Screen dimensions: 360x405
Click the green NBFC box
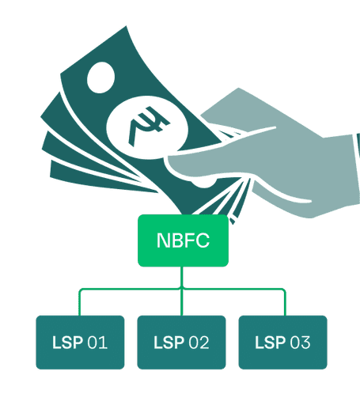pos(183,240)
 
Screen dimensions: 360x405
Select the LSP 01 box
pos(80,343)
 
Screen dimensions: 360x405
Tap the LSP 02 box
pos(181,343)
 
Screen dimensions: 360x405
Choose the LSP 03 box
pos(282,343)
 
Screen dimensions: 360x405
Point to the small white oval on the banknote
pos(101,78)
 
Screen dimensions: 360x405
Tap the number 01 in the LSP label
pos(97,343)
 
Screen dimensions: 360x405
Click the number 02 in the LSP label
pos(199,343)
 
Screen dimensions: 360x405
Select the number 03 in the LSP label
pos(300,343)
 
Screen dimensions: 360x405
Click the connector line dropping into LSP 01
pos(79,302)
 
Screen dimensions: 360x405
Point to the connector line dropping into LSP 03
pos(285,302)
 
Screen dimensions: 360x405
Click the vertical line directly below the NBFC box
pos(182,277)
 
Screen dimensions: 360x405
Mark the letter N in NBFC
pos(162,240)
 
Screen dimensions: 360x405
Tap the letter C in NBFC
pos(203,240)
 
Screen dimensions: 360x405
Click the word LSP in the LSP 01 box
pos(67,343)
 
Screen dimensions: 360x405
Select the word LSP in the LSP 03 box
pos(271,343)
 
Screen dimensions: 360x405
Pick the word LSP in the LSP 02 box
pos(169,343)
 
